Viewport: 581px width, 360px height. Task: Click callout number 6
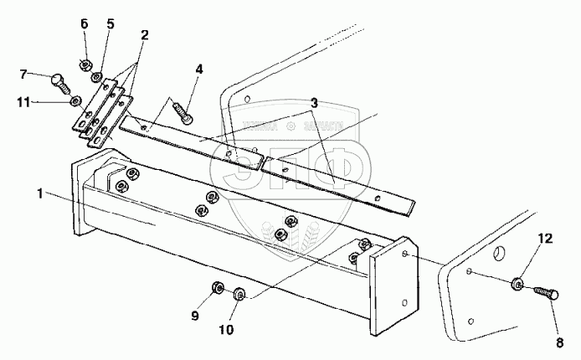(85, 23)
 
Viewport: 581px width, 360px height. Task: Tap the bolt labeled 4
(183, 108)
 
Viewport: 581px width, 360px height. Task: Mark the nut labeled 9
(217, 288)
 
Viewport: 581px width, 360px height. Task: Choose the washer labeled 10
(239, 293)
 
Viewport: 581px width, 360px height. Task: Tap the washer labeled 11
(76, 100)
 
